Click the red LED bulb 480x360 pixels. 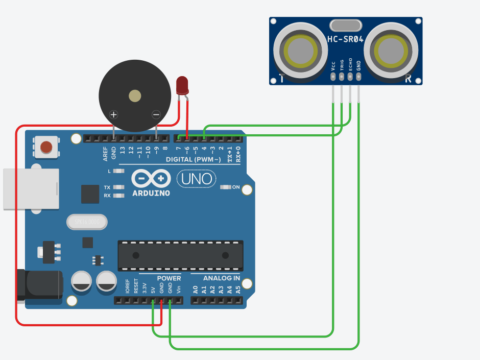pos(182,85)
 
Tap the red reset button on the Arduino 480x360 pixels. pos(46,148)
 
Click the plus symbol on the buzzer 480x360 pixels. pos(114,115)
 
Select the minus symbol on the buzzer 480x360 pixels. pos(156,115)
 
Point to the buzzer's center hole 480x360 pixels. pos(135,95)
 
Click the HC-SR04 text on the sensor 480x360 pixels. pos(345,40)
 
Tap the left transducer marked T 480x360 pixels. pos(300,51)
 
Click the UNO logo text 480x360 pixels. pos(196,179)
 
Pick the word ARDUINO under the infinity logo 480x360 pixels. pos(151,194)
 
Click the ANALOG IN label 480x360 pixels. pos(221,278)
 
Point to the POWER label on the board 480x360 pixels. pos(169,278)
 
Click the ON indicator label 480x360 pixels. pos(236,187)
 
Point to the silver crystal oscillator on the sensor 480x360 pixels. pos(346,25)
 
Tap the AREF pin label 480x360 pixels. pos(106,153)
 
